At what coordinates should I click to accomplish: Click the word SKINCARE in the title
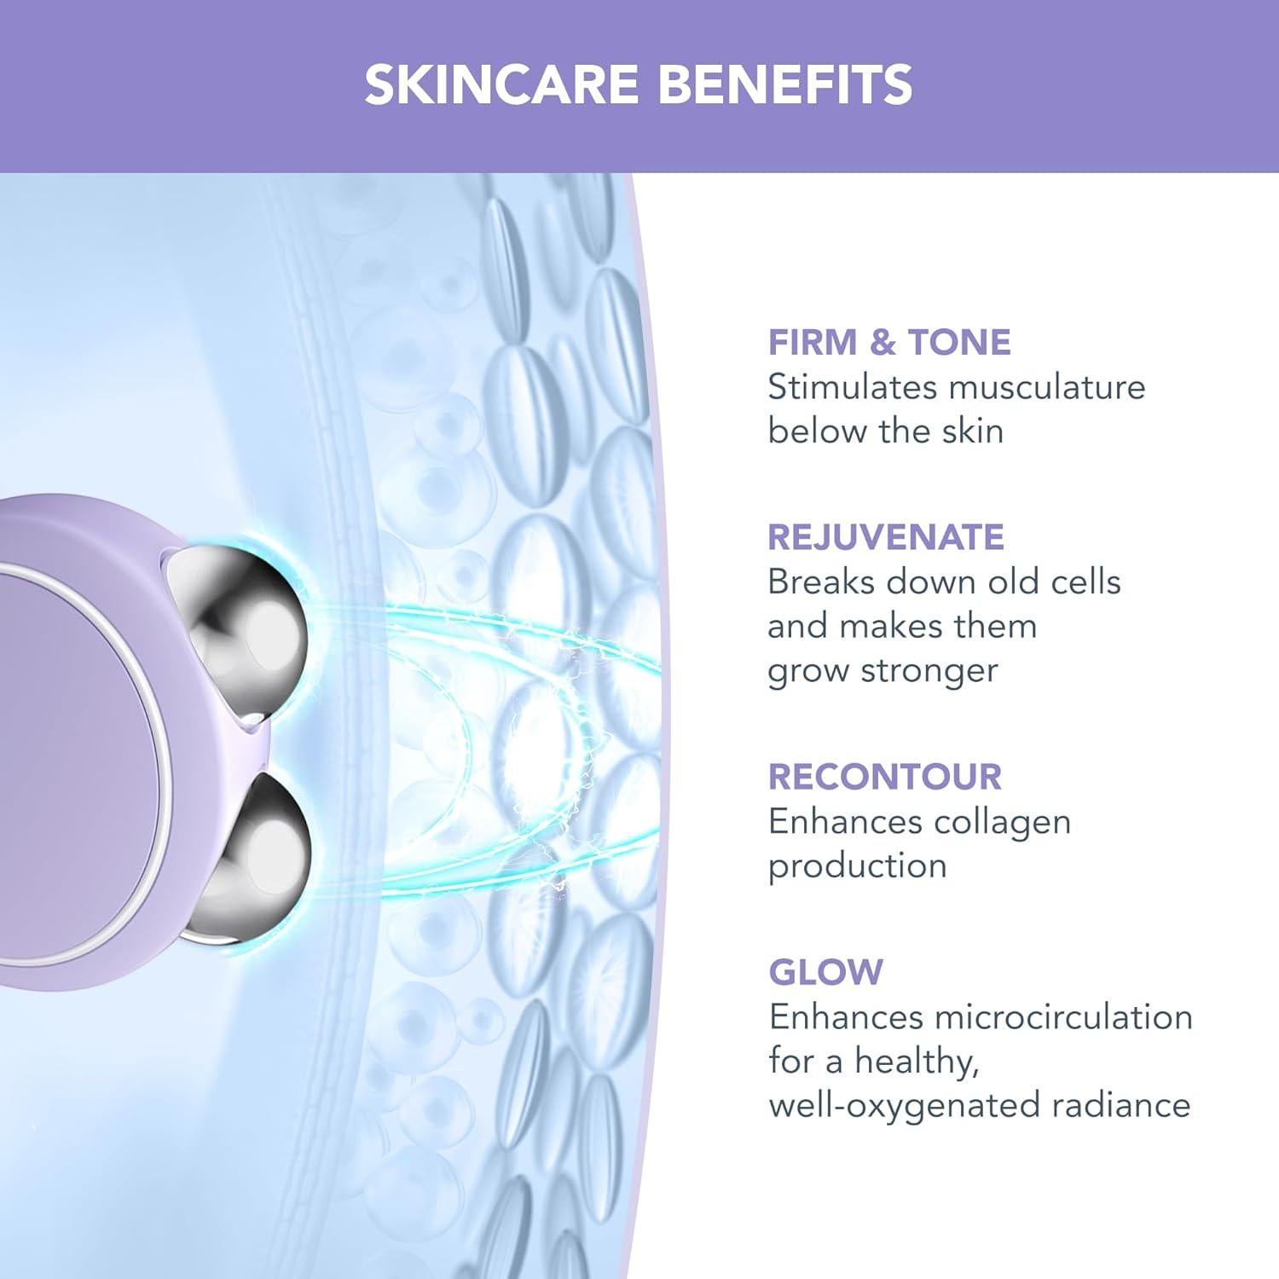501,84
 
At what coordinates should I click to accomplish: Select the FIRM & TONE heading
888,342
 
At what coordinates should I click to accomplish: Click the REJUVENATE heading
886,537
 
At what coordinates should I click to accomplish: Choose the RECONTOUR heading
885,777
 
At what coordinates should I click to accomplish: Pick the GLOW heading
825,972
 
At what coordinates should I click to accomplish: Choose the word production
857,866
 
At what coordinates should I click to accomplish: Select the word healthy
916,1062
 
